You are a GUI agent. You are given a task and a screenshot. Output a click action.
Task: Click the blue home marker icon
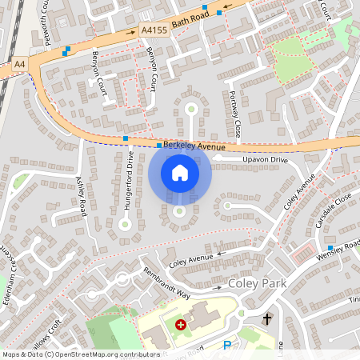[179, 173]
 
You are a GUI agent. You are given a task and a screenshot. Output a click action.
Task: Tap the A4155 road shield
[154, 30]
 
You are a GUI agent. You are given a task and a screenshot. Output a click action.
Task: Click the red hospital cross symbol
[181, 325]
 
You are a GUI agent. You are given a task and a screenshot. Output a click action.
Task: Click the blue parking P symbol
[226, 346]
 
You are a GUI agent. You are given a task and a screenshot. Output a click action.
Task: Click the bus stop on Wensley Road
[330, 248]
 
